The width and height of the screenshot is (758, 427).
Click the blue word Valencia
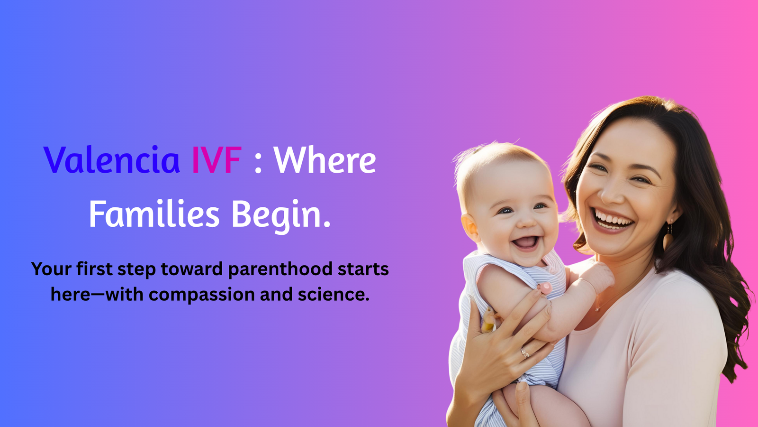pyautogui.click(x=111, y=159)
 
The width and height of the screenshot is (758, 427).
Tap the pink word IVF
pyautogui.click(x=217, y=160)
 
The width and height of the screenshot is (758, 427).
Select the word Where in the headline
pyautogui.click(x=325, y=159)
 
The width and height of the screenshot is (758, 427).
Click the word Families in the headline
pyautogui.click(x=154, y=214)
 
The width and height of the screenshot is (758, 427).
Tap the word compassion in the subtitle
pyautogui.click(x=202, y=295)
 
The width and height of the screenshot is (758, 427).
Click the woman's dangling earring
pyautogui.click(x=668, y=237)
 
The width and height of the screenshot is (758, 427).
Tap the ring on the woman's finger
pyautogui.click(x=525, y=352)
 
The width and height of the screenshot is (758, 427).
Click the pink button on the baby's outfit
pyautogui.click(x=545, y=288)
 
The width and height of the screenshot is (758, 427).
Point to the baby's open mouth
pyautogui.click(x=526, y=243)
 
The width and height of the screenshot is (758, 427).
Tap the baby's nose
pyautogui.click(x=526, y=222)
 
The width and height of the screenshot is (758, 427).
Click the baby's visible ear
pyautogui.click(x=470, y=227)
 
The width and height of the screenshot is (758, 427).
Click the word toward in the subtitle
pyautogui.click(x=191, y=269)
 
